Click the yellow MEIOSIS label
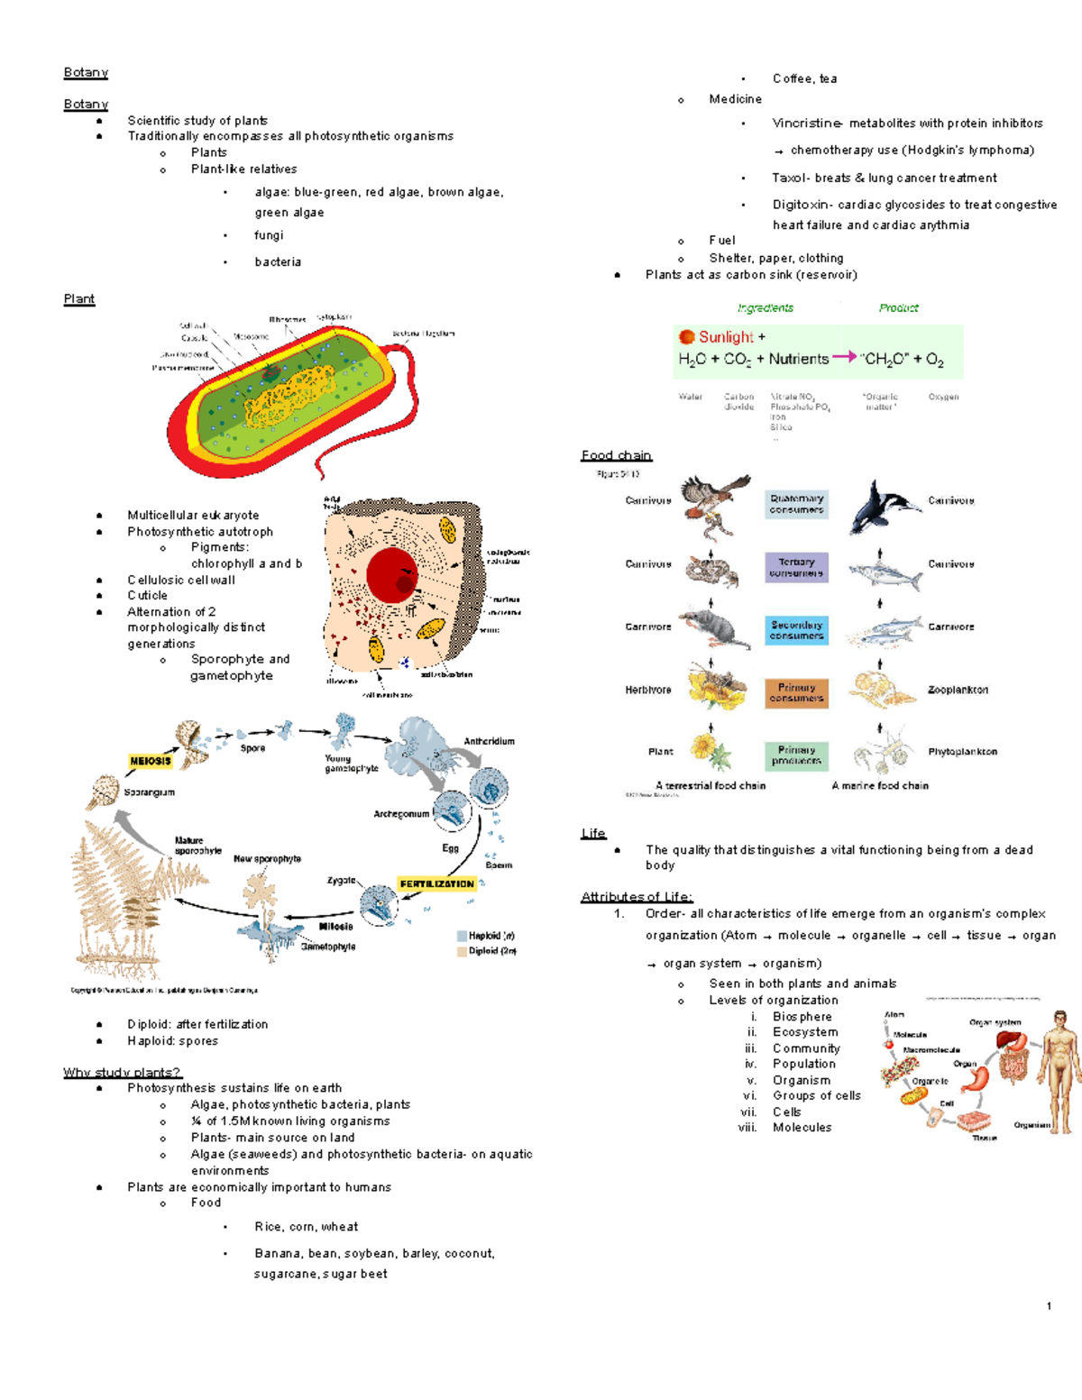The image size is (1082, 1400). [150, 761]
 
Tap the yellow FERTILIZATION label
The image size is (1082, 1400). [436, 884]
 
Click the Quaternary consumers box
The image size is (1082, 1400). [796, 504]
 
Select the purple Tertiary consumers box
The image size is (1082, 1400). [796, 567]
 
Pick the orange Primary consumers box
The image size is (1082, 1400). [796, 692]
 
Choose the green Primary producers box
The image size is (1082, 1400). [796, 755]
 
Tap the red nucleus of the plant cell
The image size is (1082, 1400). [392, 574]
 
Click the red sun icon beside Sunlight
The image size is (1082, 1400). [687, 337]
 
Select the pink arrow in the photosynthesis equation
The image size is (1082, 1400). [844, 357]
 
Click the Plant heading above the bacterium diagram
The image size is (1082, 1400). [79, 299]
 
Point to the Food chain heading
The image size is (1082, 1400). [617, 456]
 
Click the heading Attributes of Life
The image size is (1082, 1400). [637, 897]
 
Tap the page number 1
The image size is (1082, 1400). [1049, 1306]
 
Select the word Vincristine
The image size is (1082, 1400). [807, 124]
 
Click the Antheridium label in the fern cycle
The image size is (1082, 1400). [489, 742]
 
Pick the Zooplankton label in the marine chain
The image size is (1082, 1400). [958, 690]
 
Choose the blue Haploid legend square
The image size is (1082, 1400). [462, 937]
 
